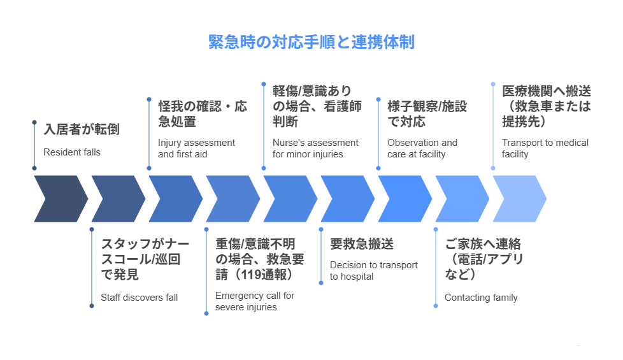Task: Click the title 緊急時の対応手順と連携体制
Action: tap(311, 42)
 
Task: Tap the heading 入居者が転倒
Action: tap(82, 129)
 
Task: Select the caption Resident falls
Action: tap(72, 152)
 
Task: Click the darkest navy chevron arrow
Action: tap(61, 199)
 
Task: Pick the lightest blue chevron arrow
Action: tap(520, 199)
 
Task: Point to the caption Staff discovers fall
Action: tap(139, 298)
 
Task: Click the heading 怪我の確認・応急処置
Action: tap(203, 113)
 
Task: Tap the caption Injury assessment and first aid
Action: tap(196, 148)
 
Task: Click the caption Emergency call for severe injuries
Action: tap(255, 301)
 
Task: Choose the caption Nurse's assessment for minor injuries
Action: tap(315, 148)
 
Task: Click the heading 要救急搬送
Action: tap(362, 244)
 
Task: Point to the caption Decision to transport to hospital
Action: tap(373, 271)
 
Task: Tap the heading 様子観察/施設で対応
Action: tap(427, 113)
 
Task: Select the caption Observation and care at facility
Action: tap(422, 148)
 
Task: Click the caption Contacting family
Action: tap(481, 298)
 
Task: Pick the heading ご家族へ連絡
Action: tap(483, 244)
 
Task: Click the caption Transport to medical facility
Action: tap(545, 148)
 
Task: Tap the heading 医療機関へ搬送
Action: tap(547, 91)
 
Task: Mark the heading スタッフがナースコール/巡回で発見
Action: tap(145, 259)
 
